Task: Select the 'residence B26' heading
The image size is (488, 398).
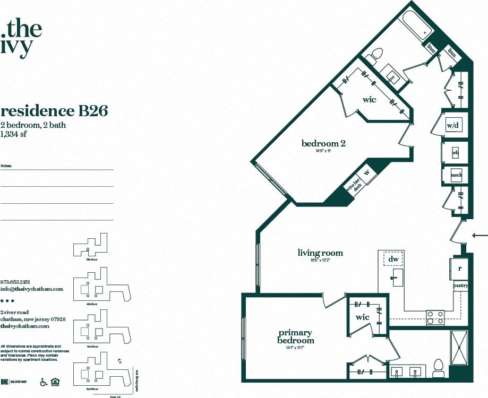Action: [55, 111]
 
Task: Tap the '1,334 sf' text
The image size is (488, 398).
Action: [14, 134]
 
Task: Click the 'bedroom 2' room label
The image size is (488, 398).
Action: [324, 143]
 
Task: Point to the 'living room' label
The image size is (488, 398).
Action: [320, 253]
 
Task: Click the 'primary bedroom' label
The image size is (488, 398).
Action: [296, 337]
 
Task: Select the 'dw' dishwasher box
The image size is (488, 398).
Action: [393, 259]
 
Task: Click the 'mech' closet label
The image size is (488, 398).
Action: [456, 175]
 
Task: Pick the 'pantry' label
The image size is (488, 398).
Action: [459, 285]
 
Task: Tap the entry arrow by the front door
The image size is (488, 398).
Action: [480, 235]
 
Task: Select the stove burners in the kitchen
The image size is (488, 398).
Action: [435, 317]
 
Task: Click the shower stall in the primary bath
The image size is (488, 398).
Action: [458, 348]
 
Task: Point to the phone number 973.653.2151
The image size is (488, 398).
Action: [15, 282]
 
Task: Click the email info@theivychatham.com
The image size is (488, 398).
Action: [32, 289]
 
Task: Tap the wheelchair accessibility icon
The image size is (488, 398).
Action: [44, 382]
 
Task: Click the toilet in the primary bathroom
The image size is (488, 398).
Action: [438, 368]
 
